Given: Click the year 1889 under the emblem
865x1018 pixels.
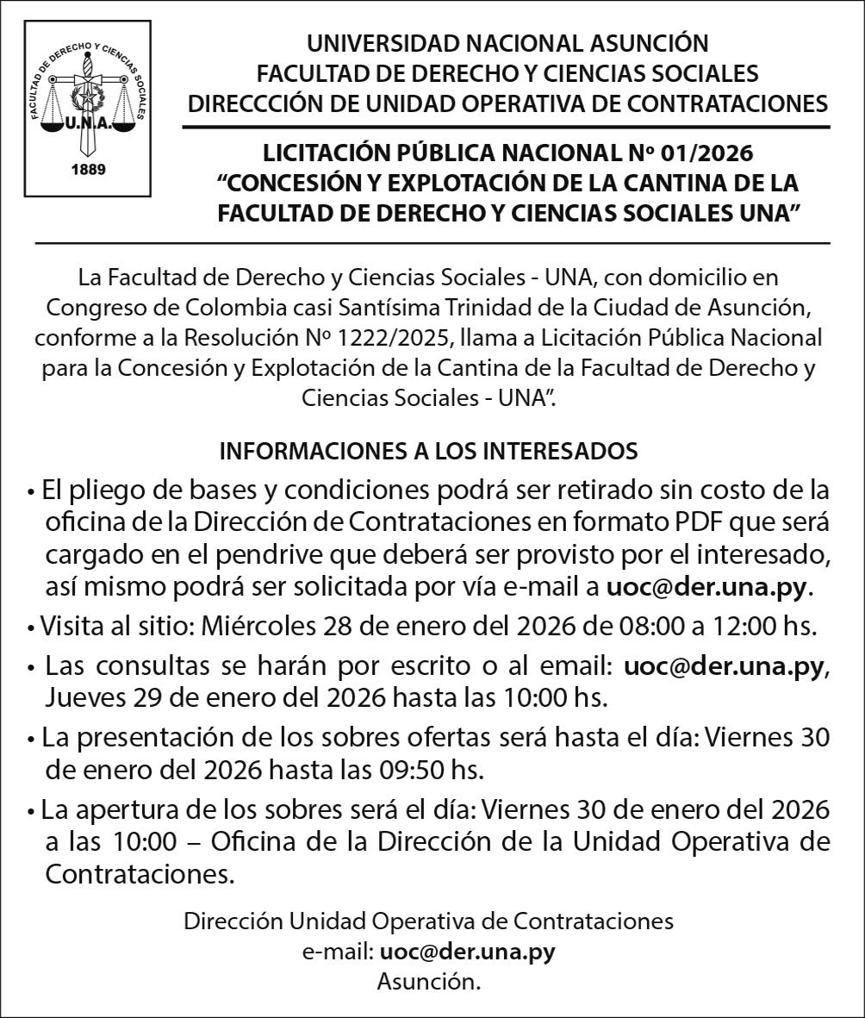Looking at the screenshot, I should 88,169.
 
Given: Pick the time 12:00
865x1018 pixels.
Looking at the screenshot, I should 719,625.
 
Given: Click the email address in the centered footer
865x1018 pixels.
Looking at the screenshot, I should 467,952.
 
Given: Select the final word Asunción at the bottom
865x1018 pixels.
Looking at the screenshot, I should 428,981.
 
